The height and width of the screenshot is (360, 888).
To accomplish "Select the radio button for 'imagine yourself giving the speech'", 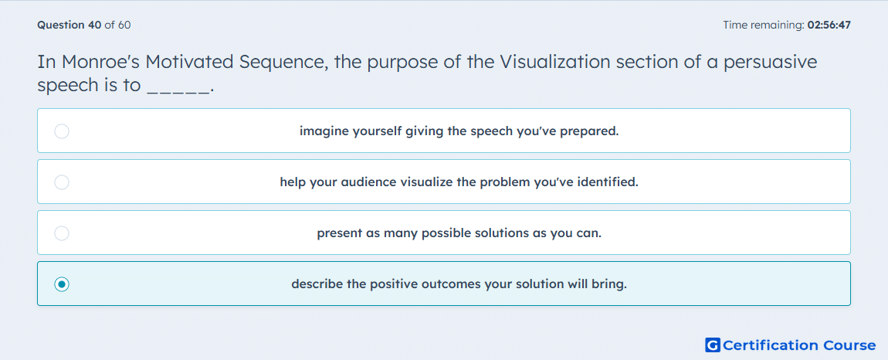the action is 62,131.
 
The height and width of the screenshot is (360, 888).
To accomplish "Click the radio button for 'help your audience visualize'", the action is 62,182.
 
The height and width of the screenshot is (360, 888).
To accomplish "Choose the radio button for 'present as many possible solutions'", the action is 62,233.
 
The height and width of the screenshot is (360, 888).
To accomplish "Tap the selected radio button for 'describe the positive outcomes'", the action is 62,284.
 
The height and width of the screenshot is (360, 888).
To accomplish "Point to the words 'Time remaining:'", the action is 764,25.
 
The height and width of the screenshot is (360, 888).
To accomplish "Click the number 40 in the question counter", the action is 95,25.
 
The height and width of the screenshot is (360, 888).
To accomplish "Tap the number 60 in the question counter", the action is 124,25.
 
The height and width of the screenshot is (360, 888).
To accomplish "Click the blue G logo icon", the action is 713,345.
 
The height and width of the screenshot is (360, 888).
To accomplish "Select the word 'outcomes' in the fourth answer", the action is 451,284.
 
